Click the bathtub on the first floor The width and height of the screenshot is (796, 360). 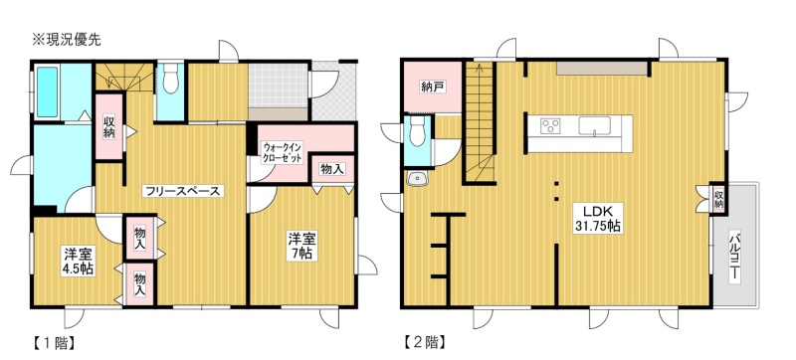[47, 91]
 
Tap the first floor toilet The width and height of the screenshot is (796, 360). [170, 79]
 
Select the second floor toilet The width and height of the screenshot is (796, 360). [417, 130]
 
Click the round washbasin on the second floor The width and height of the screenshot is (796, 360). [417, 178]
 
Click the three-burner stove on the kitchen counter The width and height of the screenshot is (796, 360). [550, 125]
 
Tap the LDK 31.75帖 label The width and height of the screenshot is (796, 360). [598, 219]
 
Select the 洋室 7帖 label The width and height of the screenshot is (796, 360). [302, 245]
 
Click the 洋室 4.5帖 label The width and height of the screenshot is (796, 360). [78, 262]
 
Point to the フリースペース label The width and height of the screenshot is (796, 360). [183, 191]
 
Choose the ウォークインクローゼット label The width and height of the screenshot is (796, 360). [283, 152]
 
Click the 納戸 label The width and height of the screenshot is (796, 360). [433, 87]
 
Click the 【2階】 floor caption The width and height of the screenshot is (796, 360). [425, 343]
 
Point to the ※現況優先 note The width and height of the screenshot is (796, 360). [66, 40]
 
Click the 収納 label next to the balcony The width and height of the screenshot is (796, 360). [718, 198]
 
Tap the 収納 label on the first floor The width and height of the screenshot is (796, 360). [109, 127]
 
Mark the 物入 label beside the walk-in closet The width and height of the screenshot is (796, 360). [332, 170]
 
